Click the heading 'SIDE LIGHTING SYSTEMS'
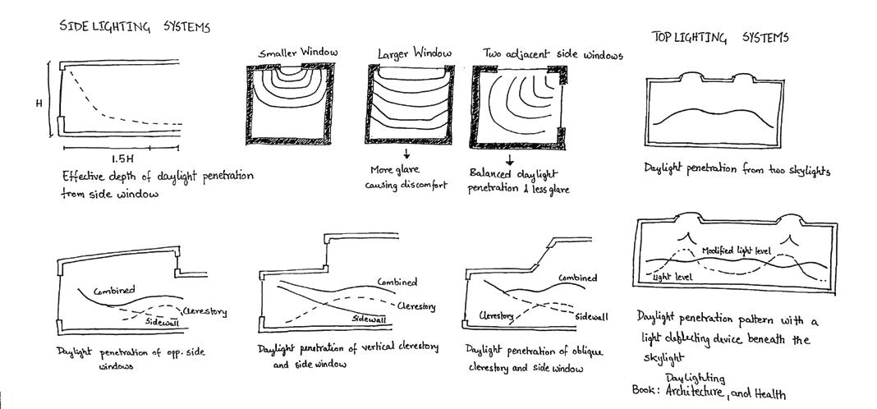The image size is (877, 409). (x=135, y=27)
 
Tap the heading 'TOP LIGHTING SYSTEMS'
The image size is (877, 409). (x=720, y=38)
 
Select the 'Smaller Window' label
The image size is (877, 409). (x=298, y=53)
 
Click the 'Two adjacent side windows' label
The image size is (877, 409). (x=553, y=55)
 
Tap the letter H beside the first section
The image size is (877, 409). (x=39, y=103)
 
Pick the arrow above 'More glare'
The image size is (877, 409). (x=406, y=154)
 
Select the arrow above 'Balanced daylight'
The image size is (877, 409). (x=509, y=159)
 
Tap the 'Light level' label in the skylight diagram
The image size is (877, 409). (x=673, y=278)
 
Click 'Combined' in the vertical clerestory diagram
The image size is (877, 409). (x=397, y=282)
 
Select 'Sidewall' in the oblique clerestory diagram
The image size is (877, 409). (x=591, y=316)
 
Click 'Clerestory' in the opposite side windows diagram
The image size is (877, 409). (x=204, y=312)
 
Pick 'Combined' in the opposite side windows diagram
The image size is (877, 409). (x=114, y=291)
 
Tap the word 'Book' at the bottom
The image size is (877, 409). (x=645, y=390)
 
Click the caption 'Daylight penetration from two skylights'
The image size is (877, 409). (x=737, y=171)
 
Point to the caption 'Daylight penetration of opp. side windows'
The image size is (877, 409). (x=131, y=357)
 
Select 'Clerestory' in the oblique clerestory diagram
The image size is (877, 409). (x=497, y=315)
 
